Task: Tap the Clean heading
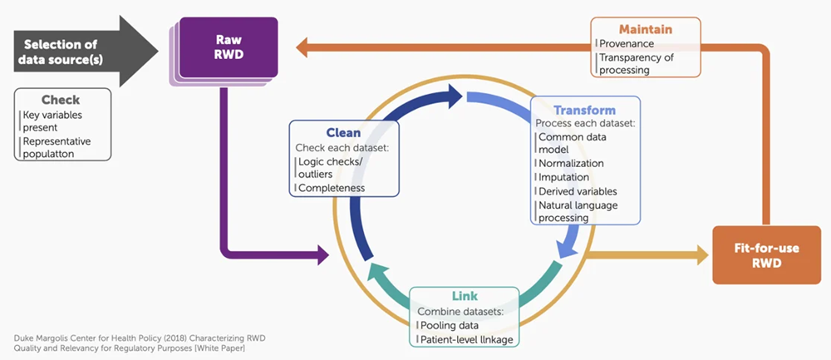coord(343,132)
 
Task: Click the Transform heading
coord(584,110)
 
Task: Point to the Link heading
coord(465,296)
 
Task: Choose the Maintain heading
coord(645,29)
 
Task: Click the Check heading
coord(61,100)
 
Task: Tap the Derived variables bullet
coord(578,191)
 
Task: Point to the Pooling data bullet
coord(450,325)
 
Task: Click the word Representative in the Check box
coord(57,141)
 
